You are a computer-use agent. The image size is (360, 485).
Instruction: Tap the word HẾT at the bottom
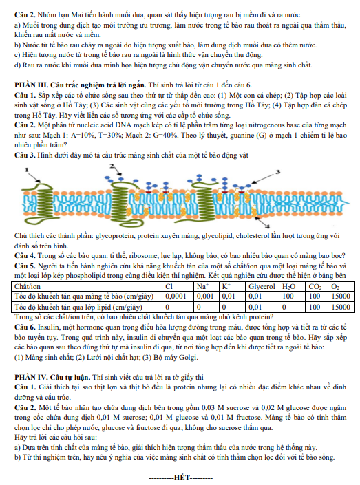182,478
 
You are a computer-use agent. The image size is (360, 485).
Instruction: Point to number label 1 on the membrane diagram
27,169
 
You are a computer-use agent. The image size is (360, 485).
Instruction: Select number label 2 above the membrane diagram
112,166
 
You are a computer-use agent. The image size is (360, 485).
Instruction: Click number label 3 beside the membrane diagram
277,172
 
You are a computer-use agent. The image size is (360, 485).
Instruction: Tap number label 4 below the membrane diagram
268,226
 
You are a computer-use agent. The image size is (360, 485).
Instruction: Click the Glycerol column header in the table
262,287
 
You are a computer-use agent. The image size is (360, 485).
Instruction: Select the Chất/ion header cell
28,287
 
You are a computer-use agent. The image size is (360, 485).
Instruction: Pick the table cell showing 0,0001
176,297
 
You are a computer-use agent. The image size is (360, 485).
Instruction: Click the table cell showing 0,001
205,297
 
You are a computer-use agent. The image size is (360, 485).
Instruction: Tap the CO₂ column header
315,287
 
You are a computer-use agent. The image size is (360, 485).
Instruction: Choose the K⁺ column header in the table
226,287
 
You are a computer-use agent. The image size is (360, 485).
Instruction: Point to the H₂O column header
288,287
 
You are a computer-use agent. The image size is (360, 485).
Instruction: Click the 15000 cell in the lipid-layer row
341,307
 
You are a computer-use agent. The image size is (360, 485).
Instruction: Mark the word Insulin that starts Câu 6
47,327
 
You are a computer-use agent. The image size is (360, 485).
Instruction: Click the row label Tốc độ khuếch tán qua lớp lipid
78,307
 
